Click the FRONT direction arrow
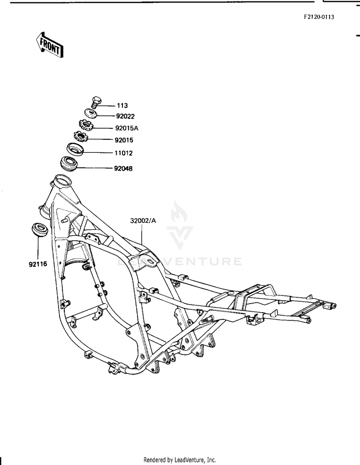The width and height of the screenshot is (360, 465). pos(49,45)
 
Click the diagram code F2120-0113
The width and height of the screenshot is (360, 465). pos(319,17)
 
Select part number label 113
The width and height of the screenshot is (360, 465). pos(122,106)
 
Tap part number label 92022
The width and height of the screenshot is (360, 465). pos(125,116)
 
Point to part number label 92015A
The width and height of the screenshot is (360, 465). pos(127,128)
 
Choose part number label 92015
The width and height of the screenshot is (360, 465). pos(124,140)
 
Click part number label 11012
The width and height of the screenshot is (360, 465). pos(123,153)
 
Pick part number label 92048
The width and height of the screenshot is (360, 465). pos(123,169)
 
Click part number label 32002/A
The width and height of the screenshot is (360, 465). pos(143,220)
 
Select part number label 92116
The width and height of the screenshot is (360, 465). pos(38,264)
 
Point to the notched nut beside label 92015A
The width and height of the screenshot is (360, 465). pos(86,125)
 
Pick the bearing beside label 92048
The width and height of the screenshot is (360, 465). pos(69,163)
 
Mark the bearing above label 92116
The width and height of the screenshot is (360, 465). pos(39,230)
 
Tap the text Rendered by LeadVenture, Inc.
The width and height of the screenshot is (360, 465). pos(180,460)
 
